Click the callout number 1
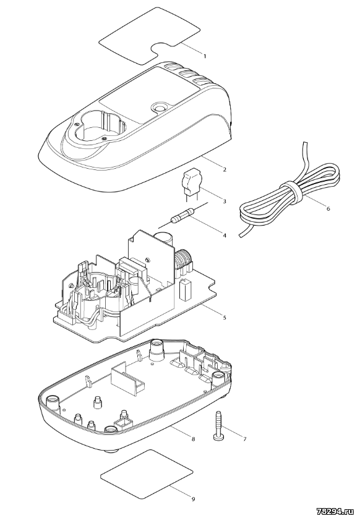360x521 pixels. pyautogui.click(x=205, y=56)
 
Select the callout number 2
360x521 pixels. pyautogui.click(x=225, y=170)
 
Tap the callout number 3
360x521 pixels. pyautogui.click(x=225, y=201)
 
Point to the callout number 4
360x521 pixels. pyautogui.click(x=225, y=235)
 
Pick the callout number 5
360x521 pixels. pyautogui.click(x=225, y=317)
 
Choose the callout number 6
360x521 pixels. pyautogui.click(x=328, y=209)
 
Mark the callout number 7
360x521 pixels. pyautogui.click(x=245, y=439)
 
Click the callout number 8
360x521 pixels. pyautogui.click(x=193, y=439)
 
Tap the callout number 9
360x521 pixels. pyautogui.click(x=193, y=499)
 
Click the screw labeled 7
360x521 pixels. pyautogui.click(x=218, y=426)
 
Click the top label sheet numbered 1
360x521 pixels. pyautogui.click(x=150, y=43)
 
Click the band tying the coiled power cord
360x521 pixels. pyautogui.click(x=291, y=192)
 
